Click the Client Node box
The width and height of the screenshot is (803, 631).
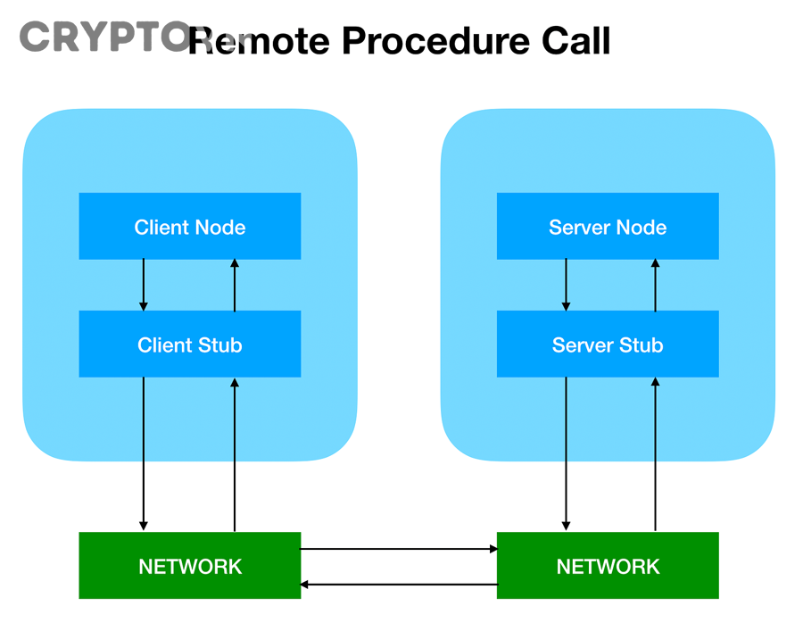[x=189, y=227]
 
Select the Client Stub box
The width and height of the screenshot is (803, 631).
[x=189, y=345]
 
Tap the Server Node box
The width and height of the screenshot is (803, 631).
[x=608, y=227]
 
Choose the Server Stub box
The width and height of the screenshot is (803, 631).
[x=608, y=345]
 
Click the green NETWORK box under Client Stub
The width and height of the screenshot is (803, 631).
[x=189, y=566]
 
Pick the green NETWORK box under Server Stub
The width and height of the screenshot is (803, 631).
[x=608, y=566]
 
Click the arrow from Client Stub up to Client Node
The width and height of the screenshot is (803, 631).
[x=235, y=286]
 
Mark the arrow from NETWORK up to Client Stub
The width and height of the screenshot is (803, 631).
[x=235, y=454]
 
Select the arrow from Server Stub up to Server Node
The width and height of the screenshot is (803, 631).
[x=656, y=286]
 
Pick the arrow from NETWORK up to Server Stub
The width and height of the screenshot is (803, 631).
[x=656, y=454]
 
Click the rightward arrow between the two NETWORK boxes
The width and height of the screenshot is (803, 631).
[x=399, y=549]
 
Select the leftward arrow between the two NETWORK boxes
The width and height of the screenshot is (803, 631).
[x=399, y=585]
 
